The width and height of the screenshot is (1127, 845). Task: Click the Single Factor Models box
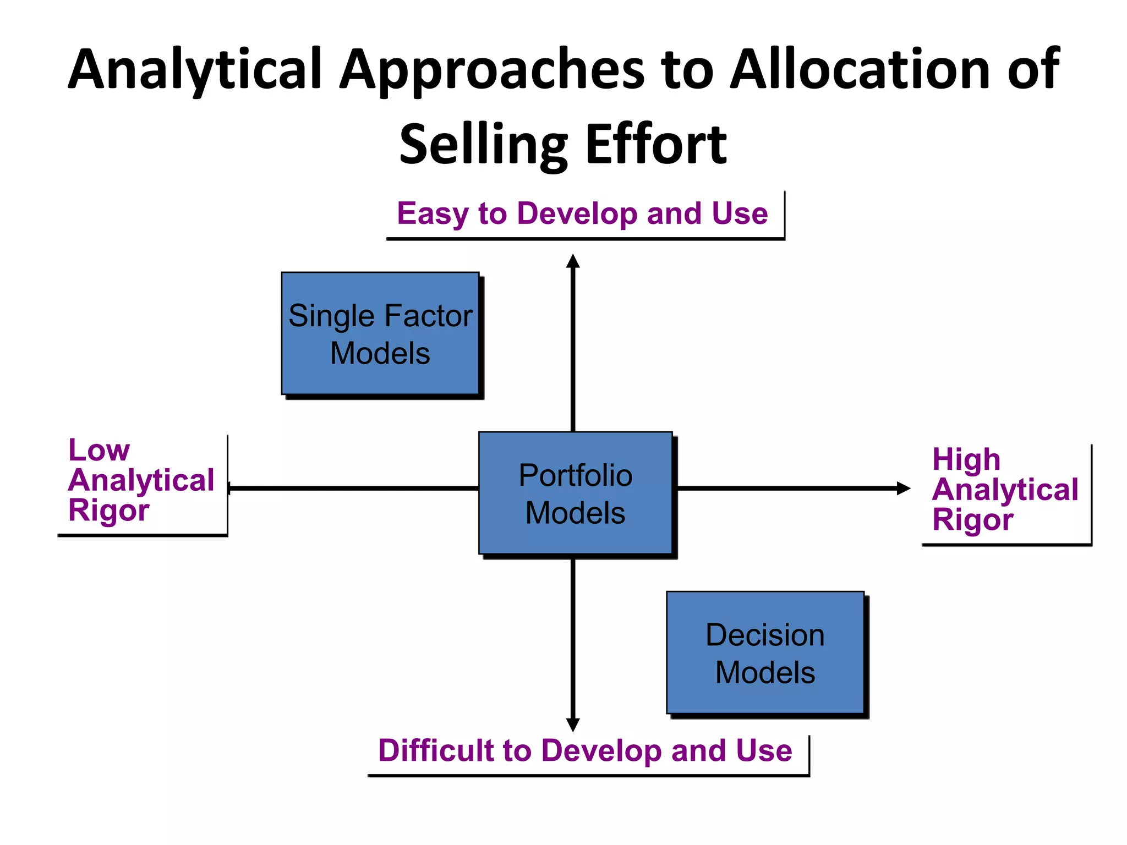click(x=380, y=333)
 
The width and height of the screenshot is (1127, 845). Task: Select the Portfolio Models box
click(x=575, y=493)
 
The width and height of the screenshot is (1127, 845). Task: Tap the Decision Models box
click(x=765, y=653)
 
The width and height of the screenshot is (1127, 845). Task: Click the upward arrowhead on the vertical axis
click(x=573, y=261)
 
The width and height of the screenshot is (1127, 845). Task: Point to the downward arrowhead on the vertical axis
click(x=573, y=725)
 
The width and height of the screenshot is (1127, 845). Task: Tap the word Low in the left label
click(x=99, y=451)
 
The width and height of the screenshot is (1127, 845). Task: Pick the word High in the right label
click(x=966, y=460)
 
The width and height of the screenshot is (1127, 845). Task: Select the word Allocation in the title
click(x=859, y=70)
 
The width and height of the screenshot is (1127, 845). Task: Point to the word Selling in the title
click(x=483, y=145)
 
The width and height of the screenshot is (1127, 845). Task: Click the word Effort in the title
click(x=656, y=145)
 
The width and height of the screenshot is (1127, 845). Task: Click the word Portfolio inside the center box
click(x=575, y=475)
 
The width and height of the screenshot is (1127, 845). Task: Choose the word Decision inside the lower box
click(x=765, y=635)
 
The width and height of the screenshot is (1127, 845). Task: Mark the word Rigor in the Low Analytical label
click(x=108, y=511)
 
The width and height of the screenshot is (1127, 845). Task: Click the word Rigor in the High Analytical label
click(x=972, y=520)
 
